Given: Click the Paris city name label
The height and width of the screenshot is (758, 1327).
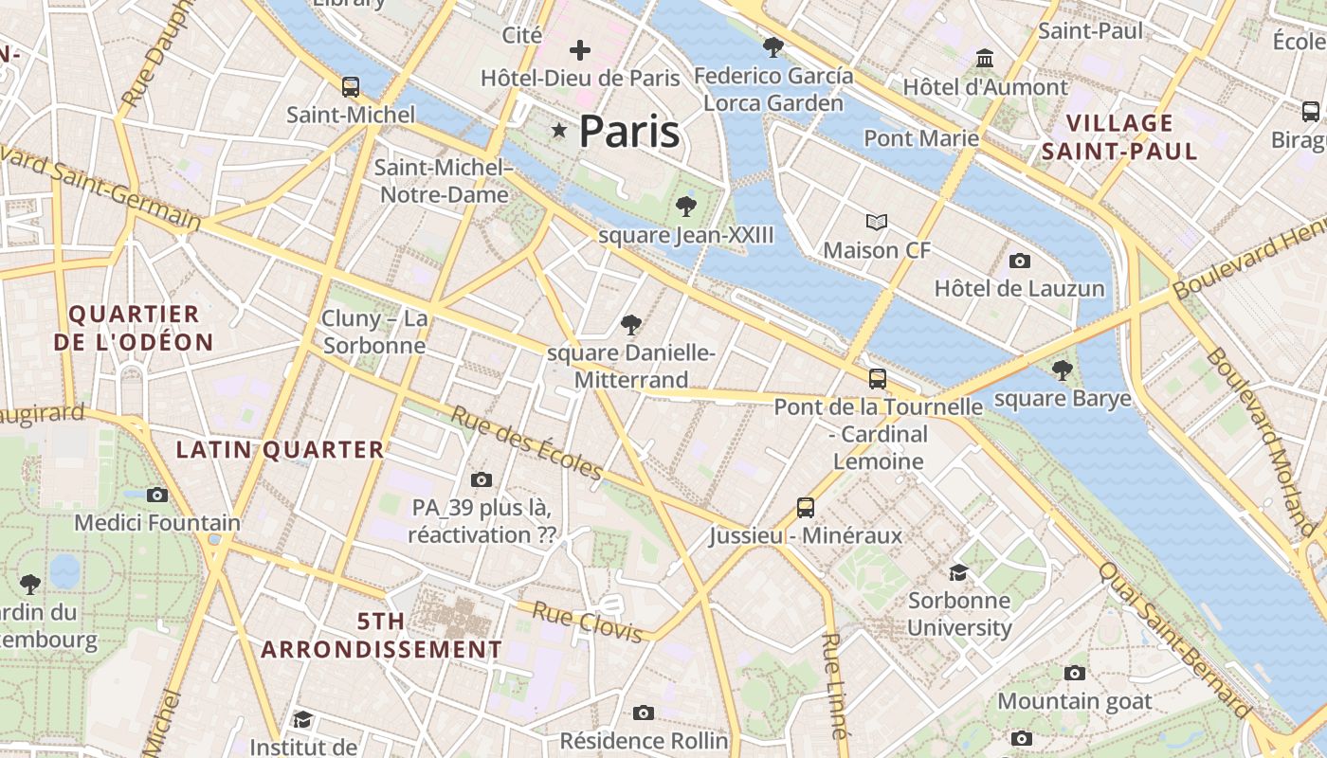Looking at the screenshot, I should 628,132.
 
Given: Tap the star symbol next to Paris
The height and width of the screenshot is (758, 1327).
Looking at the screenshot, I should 559,131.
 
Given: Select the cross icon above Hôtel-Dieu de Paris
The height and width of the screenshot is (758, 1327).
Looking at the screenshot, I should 579,49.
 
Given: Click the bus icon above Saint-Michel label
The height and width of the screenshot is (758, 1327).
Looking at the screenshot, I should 351,87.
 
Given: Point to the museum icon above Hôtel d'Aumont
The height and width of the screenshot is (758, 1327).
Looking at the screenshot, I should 985,60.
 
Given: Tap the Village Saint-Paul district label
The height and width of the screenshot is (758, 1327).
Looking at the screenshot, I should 1119,136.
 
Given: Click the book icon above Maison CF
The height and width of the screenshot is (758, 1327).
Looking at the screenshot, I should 877,223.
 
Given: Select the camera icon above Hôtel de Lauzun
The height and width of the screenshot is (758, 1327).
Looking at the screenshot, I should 1020,261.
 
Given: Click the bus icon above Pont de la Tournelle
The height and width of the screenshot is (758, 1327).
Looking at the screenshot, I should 878,379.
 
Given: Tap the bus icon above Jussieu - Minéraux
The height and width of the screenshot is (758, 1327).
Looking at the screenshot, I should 805,508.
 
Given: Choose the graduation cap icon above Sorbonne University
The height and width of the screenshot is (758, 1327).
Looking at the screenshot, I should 959,572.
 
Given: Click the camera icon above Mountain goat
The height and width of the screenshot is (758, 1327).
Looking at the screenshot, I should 1074,673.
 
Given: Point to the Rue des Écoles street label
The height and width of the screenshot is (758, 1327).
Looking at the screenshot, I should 526,442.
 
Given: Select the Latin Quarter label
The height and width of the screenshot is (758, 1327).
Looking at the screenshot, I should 281,450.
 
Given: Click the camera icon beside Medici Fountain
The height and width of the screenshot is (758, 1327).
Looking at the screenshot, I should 157,495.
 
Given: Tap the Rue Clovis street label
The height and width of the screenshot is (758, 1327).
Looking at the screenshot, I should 588,622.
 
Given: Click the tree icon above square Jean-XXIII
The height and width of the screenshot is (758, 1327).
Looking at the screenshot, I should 685,206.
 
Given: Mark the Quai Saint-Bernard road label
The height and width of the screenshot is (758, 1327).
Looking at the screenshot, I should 1173,640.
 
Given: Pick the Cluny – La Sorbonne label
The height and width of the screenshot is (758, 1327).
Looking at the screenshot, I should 374,332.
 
